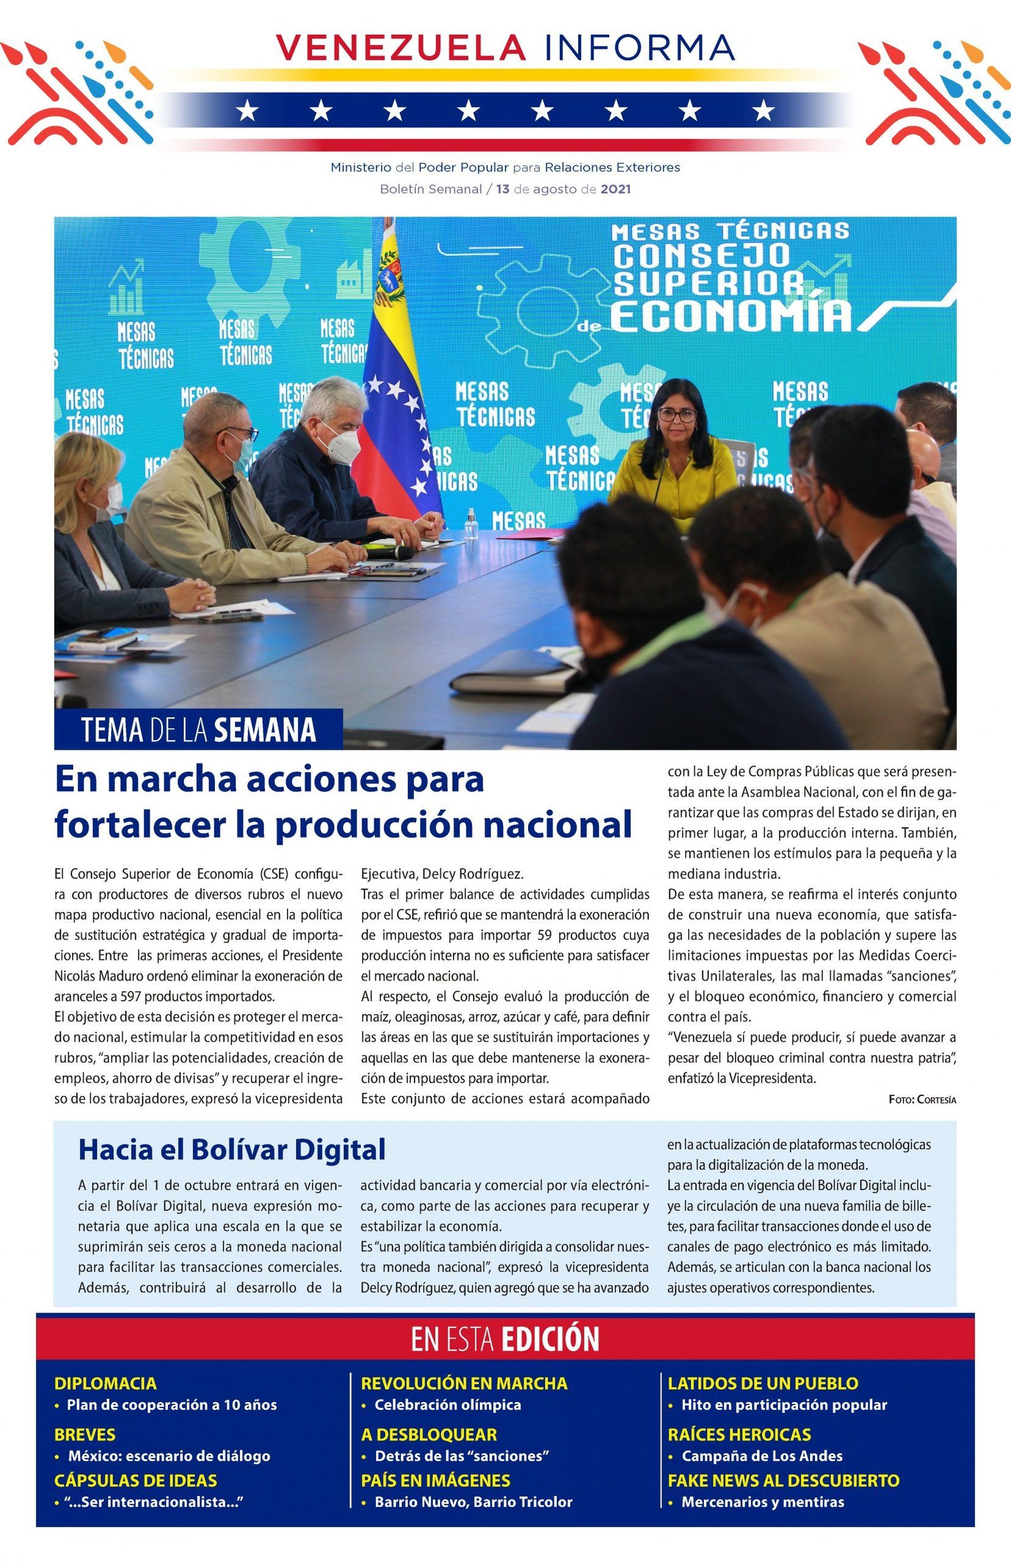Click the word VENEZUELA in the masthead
[400, 47]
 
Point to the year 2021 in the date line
[615, 189]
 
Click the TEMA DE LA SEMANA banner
[198, 729]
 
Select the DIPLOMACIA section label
[106, 1383]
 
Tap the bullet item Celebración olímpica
[448, 1404]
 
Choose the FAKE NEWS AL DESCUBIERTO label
[783, 1480]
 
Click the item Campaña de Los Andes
[761, 1456]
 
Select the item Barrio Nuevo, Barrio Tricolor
[473, 1501]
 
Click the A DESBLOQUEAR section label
[428, 1434]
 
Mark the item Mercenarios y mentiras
[762, 1501]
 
